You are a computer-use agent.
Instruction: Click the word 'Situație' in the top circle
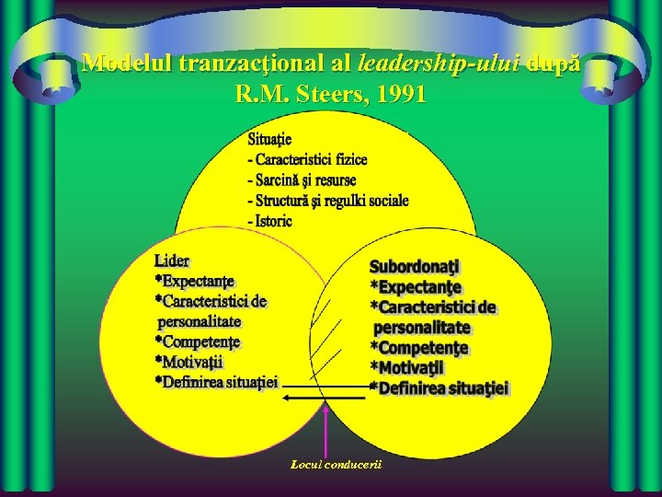[269, 139]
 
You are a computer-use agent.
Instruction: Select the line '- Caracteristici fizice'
[307, 159]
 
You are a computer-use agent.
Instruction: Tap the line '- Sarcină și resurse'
[302, 180]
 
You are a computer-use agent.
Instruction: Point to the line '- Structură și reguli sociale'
[328, 201]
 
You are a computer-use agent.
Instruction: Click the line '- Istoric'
[269, 221]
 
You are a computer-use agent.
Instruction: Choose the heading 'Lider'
[172, 260]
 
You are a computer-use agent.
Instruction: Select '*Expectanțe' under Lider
[195, 281]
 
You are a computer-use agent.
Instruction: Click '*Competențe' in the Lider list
[198, 341]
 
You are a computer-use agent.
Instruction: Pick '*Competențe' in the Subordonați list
[419, 348]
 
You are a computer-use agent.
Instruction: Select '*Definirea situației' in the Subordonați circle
[439, 388]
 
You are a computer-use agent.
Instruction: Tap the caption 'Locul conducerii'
[335, 464]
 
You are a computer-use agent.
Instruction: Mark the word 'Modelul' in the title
[124, 63]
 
